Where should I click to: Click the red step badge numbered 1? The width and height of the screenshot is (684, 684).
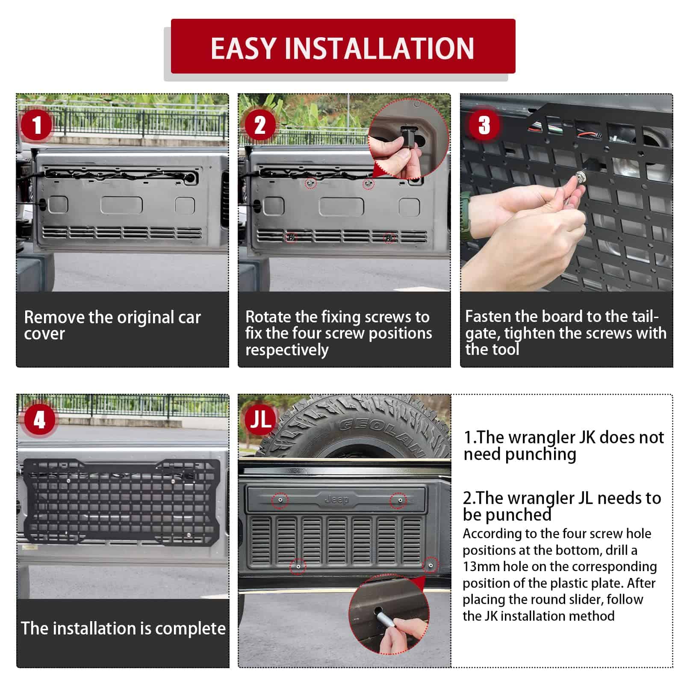[x=37, y=125]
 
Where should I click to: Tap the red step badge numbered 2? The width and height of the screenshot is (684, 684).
[x=260, y=125]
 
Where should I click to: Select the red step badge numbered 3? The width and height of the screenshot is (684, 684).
[x=484, y=125]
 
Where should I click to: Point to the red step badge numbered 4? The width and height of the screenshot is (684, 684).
[x=40, y=420]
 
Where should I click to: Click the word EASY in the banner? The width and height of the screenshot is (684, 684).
[x=243, y=48]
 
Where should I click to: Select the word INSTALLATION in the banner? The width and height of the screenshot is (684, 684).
[x=380, y=48]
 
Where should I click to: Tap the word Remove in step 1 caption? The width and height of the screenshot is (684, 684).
[x=54, y=317]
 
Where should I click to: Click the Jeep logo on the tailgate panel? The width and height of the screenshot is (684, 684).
[x=337, y=499]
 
